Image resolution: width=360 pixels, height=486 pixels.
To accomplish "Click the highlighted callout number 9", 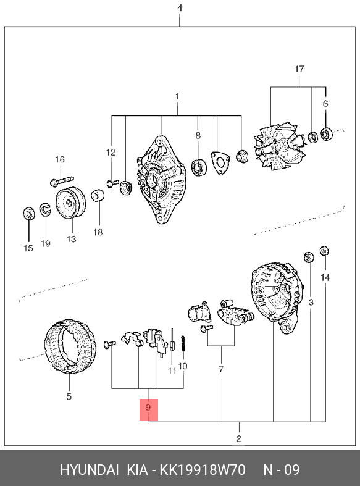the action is click(x=148, y=408).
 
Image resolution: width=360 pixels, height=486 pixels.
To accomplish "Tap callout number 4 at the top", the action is click(x=180, y=8).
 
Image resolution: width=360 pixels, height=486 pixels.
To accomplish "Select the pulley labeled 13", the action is click(x=70, y=203).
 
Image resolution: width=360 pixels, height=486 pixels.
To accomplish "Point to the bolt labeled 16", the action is click(x=62, y=180).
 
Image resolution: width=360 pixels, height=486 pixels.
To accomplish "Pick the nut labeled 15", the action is click(x=29, y=214).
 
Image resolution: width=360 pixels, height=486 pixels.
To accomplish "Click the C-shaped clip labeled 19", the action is click(x=45, y=210).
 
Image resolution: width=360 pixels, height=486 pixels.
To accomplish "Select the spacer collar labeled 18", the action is click(x=98, y=195).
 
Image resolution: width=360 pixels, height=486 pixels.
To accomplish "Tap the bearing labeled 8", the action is click(x=199, y=167).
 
